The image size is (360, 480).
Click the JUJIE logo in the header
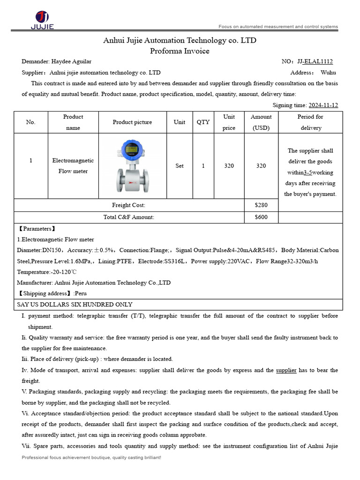click(42, 20)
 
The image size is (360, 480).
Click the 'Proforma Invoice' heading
click(180, 51)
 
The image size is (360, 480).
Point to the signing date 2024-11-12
click(323, 105)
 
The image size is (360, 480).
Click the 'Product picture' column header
click(132, 122)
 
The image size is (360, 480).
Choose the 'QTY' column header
click(203, 122)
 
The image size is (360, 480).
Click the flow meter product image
click(132, 166)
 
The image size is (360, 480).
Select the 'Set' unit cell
click(180, 166)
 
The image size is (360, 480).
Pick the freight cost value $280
click(261, 205)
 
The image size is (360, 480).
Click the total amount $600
click(261, 217)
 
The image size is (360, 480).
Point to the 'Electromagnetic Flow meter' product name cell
click(73, 166)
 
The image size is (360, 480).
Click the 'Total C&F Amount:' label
click(128, 217)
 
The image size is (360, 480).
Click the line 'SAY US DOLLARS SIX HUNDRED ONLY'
click(75, 305)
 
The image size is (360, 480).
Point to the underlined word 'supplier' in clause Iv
click(286, 370)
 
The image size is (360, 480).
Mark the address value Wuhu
click(328, 73)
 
